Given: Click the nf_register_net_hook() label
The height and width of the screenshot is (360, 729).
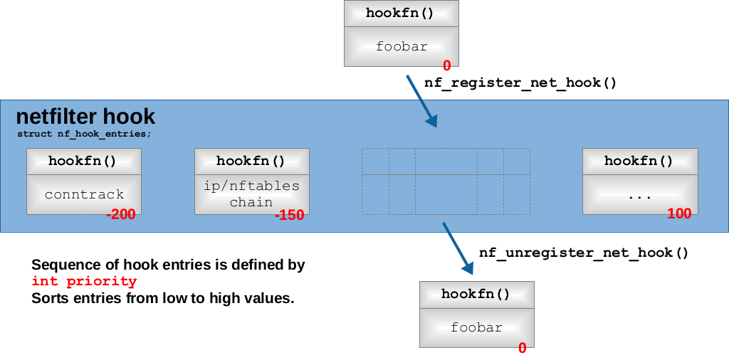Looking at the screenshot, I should point(520,83).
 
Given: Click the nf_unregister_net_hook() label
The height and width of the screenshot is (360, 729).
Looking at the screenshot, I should point(584,253).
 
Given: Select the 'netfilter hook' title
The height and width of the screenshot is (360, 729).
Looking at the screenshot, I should point(85,117).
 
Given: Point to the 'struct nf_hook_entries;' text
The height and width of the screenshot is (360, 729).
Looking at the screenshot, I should point(84,133).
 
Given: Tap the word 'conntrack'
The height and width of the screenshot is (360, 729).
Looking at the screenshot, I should point(84,194).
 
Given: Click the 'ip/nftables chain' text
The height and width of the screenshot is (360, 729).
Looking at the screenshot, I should point(251,194).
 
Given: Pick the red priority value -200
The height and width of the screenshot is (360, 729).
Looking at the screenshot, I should point(120,215).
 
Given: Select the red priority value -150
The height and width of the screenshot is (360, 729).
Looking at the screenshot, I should point(289,215).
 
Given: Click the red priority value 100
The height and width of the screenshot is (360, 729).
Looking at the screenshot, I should point(679,214).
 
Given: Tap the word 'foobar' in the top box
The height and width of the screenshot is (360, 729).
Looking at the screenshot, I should point(402,47).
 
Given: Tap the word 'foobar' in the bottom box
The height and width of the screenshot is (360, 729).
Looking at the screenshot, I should point(476,328).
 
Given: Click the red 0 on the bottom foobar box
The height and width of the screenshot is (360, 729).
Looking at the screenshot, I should point(522,348).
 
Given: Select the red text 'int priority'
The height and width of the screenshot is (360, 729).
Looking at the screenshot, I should point(83,282).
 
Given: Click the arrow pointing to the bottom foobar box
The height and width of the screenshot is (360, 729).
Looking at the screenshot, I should point(458,248).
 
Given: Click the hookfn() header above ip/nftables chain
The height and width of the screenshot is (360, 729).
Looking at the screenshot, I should point(251,161).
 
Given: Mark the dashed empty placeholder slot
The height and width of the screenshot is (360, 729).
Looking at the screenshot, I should point(446,181).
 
